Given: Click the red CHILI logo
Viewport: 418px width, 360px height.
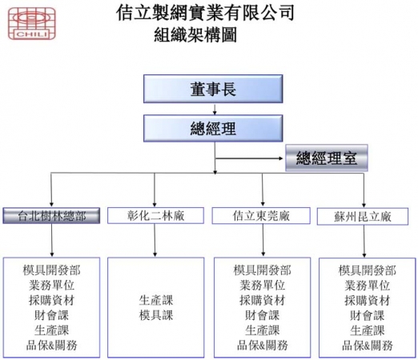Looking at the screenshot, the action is pyautogui.click(x=32, y=23).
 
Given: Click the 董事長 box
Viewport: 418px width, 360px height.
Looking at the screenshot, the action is pyautogui.click(x=213, y=89).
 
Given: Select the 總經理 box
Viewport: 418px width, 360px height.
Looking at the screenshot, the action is pyautogui.click(x=213, y=128).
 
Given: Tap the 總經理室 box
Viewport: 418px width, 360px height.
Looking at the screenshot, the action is pyautogui.click(x=327, y=158).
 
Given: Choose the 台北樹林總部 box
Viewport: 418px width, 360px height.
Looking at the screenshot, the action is pyautogui.click(x=51, y=215).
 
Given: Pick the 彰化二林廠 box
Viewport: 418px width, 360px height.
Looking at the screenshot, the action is pyautogui.click(x=155, y=215).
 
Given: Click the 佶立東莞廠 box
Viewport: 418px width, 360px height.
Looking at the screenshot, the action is pyautogui.click(x=261, y=215).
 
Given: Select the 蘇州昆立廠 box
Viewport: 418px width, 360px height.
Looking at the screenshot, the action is pyautogui.click(x=363, y=217).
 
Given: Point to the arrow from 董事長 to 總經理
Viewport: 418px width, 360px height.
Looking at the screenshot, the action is pyautogui.click(x=215, y=109).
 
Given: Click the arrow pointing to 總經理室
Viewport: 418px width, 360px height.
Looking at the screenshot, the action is pyautogui.click(x=249, y=158).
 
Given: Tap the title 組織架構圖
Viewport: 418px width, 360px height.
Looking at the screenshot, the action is pyautogui.click(x=195, y=35).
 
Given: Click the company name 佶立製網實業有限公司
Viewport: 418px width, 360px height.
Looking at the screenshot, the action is pyautogui.click(x=205, y=12).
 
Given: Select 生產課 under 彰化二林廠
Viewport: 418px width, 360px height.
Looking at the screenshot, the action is pyautogui.click(x=156, y=300).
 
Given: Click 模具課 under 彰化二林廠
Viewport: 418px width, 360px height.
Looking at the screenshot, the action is pyautogui.click(x=156, y=315).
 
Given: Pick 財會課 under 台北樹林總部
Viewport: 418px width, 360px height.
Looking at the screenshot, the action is pyautogui.click(x=51, y=315).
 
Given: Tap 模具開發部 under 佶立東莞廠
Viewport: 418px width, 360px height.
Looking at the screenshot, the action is pyautogui.click(x=262, y=270).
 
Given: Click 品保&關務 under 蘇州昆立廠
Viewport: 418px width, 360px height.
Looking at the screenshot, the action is pyautogui.click(x=368, y=346).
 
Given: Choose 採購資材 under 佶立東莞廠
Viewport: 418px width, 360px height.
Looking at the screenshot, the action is pyautogui.click(x=262, y=300).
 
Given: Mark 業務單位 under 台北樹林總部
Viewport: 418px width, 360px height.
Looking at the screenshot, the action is pyautogui.click(x=51, y=285).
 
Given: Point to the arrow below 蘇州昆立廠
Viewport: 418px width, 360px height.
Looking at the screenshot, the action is pyautogui.click(x=364, y=241).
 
